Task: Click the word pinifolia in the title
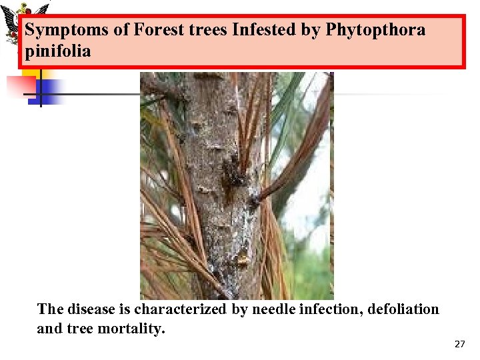pyautogui.click(x=57, y=51)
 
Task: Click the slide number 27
pyautogui.click(x=459, y=344)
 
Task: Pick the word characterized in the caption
pyautogui.click(x=182, y=309)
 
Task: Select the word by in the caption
pyautogui.click(x=240, y=309)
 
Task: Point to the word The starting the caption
pyautogui.click(x=51, y=309)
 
